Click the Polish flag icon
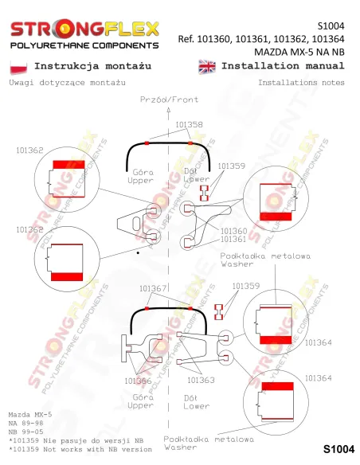18,67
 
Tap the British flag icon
207,67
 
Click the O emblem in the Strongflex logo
64,29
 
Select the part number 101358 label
190,124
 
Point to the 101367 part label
153,288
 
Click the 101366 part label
138,381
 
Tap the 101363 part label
201,380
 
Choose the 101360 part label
233,231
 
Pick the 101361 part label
233,239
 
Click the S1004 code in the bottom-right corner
338,449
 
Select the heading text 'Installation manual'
283,65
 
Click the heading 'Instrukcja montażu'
93,66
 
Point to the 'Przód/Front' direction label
169,100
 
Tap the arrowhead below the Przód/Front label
168,110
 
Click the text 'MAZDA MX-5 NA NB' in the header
299,53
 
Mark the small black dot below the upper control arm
138,253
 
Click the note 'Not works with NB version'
97,449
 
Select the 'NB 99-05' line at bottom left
25,432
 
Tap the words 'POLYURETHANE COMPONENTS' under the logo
84,45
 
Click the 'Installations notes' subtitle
301,83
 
